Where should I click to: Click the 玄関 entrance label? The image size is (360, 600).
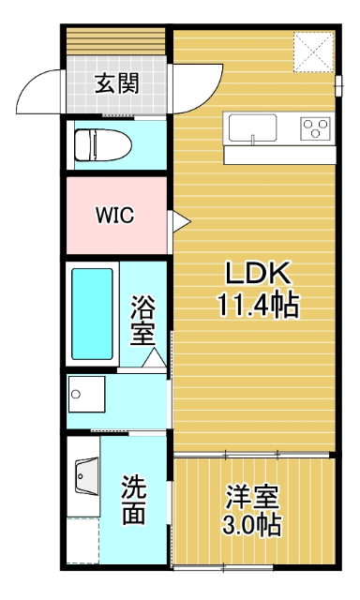117,85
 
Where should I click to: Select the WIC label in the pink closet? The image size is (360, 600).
114,215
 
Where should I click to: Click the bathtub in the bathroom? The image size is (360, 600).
93,315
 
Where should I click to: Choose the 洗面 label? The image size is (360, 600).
134,500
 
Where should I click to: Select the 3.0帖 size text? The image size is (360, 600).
252,525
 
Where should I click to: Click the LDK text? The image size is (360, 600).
258,275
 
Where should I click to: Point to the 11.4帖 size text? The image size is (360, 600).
258,305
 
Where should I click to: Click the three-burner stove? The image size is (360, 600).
316,127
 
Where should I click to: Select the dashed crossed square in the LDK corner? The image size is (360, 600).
312,51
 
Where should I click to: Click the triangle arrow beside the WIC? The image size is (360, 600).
178,221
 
